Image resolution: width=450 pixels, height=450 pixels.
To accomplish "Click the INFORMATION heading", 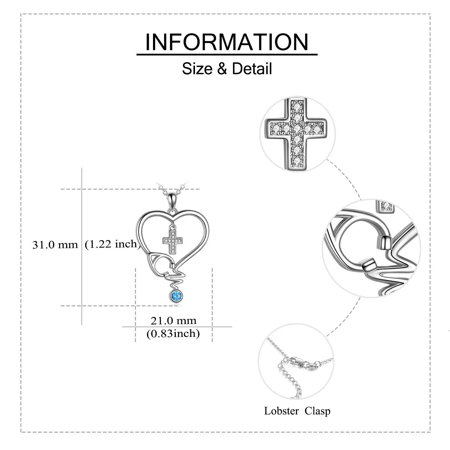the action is click(227, 42).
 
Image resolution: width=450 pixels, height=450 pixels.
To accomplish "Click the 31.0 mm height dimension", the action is click(55, 245).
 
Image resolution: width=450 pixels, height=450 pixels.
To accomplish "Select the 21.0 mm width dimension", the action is click(173, 321).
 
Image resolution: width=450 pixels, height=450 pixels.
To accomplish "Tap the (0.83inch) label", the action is click(173, 333).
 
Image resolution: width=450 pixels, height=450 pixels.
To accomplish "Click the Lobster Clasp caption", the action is click(297, 411).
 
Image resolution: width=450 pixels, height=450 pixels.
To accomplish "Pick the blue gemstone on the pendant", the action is click(175, 297).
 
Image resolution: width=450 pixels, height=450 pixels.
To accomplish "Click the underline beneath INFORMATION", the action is click(227, 55).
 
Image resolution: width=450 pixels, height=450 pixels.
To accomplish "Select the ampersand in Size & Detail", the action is click(222, 69).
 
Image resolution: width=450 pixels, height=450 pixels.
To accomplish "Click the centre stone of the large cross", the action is click(297, 128).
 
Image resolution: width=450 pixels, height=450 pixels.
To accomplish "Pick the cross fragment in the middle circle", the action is click(385, 206).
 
